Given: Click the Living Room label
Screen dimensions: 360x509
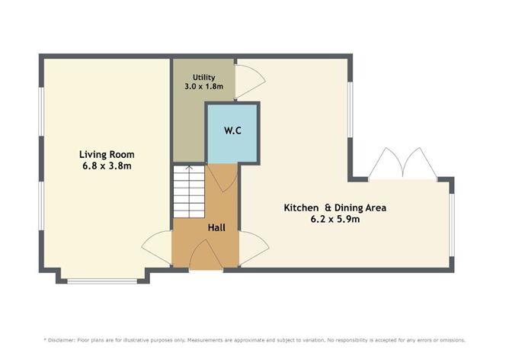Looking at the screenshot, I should (104, 153).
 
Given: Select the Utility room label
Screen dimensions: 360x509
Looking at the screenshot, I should (203, 77).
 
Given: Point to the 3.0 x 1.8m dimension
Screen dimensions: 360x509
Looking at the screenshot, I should (203, 87).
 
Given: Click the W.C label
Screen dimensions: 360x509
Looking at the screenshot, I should (232, 130).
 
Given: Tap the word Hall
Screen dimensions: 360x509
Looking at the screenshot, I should (217, 227).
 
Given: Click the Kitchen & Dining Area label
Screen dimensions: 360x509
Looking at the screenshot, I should (336, 207).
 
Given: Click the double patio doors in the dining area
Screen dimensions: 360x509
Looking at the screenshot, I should (402, 164).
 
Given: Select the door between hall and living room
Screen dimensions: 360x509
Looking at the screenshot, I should (157, 247).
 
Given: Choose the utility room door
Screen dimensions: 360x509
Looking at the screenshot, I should (248, 80).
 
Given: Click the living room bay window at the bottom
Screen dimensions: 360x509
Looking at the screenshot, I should (103, 281).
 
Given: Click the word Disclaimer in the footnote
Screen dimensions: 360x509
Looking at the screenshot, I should (64, 339).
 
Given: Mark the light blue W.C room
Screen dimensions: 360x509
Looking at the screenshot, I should (233, 141).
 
